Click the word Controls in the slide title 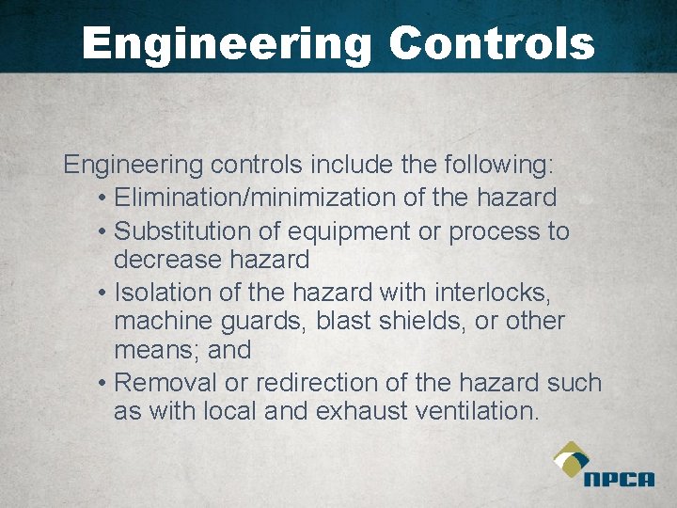(491, 43)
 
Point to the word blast (345, 321)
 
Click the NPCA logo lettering (618, 479)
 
